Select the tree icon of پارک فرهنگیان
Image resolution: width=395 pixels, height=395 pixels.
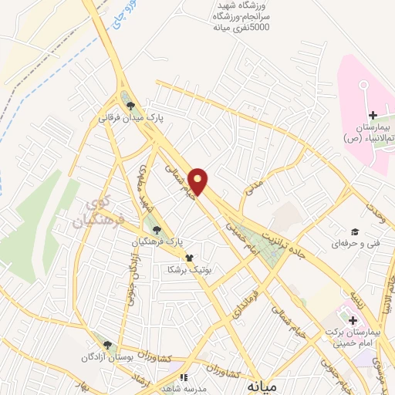coord(157,229)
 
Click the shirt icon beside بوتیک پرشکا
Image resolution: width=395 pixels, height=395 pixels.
coord(188,258)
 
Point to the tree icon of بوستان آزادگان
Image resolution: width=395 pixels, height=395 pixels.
coord(108,346)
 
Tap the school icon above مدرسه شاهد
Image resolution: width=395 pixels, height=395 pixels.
coord(184,378)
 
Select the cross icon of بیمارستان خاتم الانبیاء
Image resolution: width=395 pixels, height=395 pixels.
coord(373,115)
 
